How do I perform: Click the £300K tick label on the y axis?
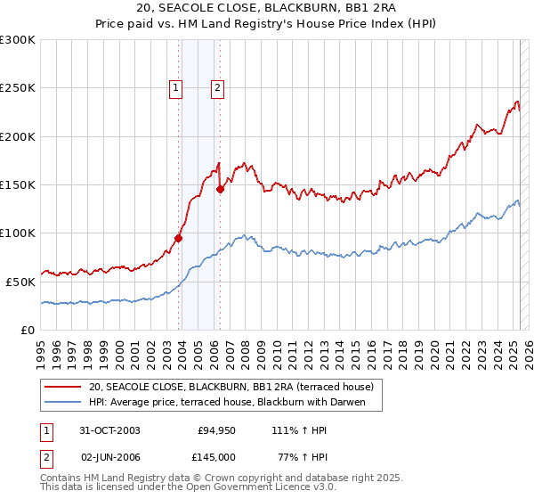tap(18, 40)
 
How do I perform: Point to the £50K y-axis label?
tap(20, 282)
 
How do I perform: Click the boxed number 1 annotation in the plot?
tap(176, 87)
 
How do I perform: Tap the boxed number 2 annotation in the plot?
tap(217, 87)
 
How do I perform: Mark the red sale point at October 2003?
tap(179, 238)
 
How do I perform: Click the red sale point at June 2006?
tap(220, 189)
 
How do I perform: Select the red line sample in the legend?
tap(64, 387)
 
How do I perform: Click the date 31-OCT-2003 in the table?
tap(109, 430)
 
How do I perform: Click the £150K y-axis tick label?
tap(18, 185)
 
